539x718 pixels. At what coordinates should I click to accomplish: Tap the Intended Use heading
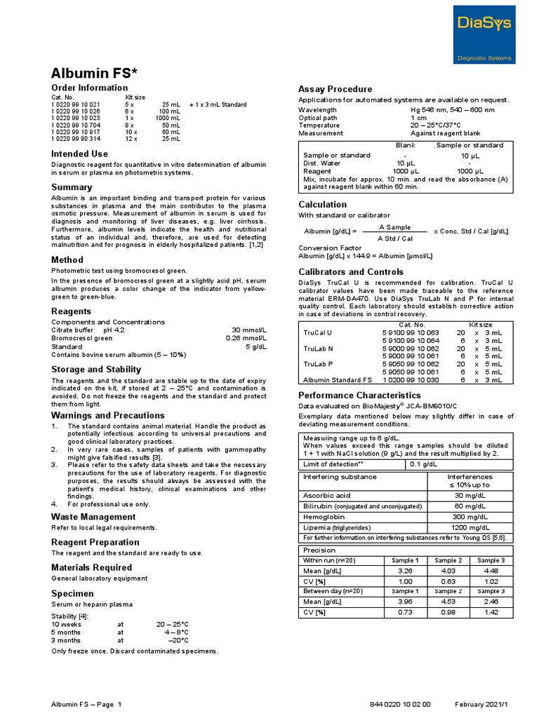click(x=80, y=154)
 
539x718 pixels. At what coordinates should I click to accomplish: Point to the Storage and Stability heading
click(x=96, y=369)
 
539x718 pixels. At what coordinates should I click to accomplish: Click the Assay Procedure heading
click(x=335, y=89)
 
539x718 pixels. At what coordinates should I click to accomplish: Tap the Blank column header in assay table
click(x=405, y=145)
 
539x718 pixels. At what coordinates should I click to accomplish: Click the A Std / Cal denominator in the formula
click(x=395, y=238)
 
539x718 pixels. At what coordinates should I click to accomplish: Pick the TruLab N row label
click(x=317, y=348)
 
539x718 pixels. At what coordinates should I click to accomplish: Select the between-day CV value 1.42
click(x=491, y=612)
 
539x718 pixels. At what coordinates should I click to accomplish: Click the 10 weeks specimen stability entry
click(x=66, y=623)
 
